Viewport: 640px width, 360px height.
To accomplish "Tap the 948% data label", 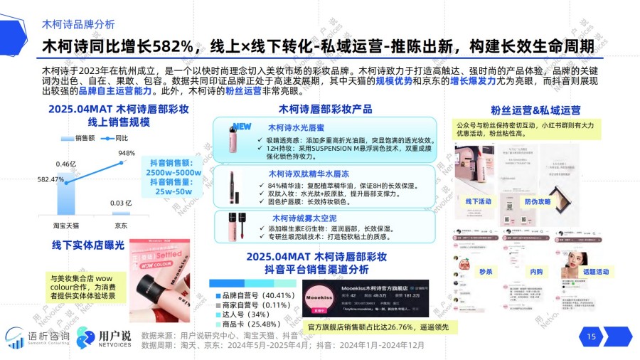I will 127,154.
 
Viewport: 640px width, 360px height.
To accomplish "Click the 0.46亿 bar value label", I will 66,165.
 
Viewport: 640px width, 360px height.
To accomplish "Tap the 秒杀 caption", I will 486,272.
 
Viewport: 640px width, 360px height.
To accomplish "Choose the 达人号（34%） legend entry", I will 240,314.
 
